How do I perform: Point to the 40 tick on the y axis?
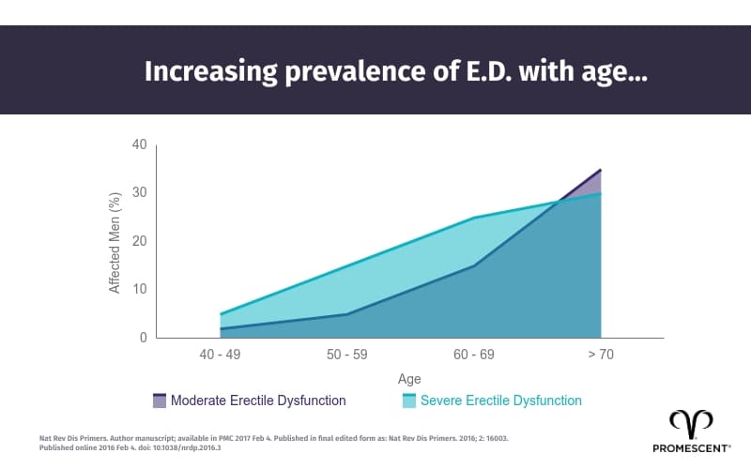point(139,144)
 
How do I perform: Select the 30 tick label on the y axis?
point(139,192)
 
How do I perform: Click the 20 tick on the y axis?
point(139,241)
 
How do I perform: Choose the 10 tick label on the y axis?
point(139,289)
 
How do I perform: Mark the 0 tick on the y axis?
point(143,338)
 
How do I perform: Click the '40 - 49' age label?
point(220,355)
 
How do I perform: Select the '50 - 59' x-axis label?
point(346,355)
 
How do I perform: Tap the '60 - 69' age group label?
point(473,355)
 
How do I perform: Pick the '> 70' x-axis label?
point(600,355)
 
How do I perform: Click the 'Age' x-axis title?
point(409,379)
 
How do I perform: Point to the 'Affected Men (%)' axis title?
point(115,241)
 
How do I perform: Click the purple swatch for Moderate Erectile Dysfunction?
point(159,401)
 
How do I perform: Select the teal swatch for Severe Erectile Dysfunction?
point(408,401)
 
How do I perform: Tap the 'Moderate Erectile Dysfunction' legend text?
point(258,401)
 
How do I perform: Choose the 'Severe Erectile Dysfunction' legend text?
point(501,401)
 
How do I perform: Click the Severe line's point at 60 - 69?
point(473,218)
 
